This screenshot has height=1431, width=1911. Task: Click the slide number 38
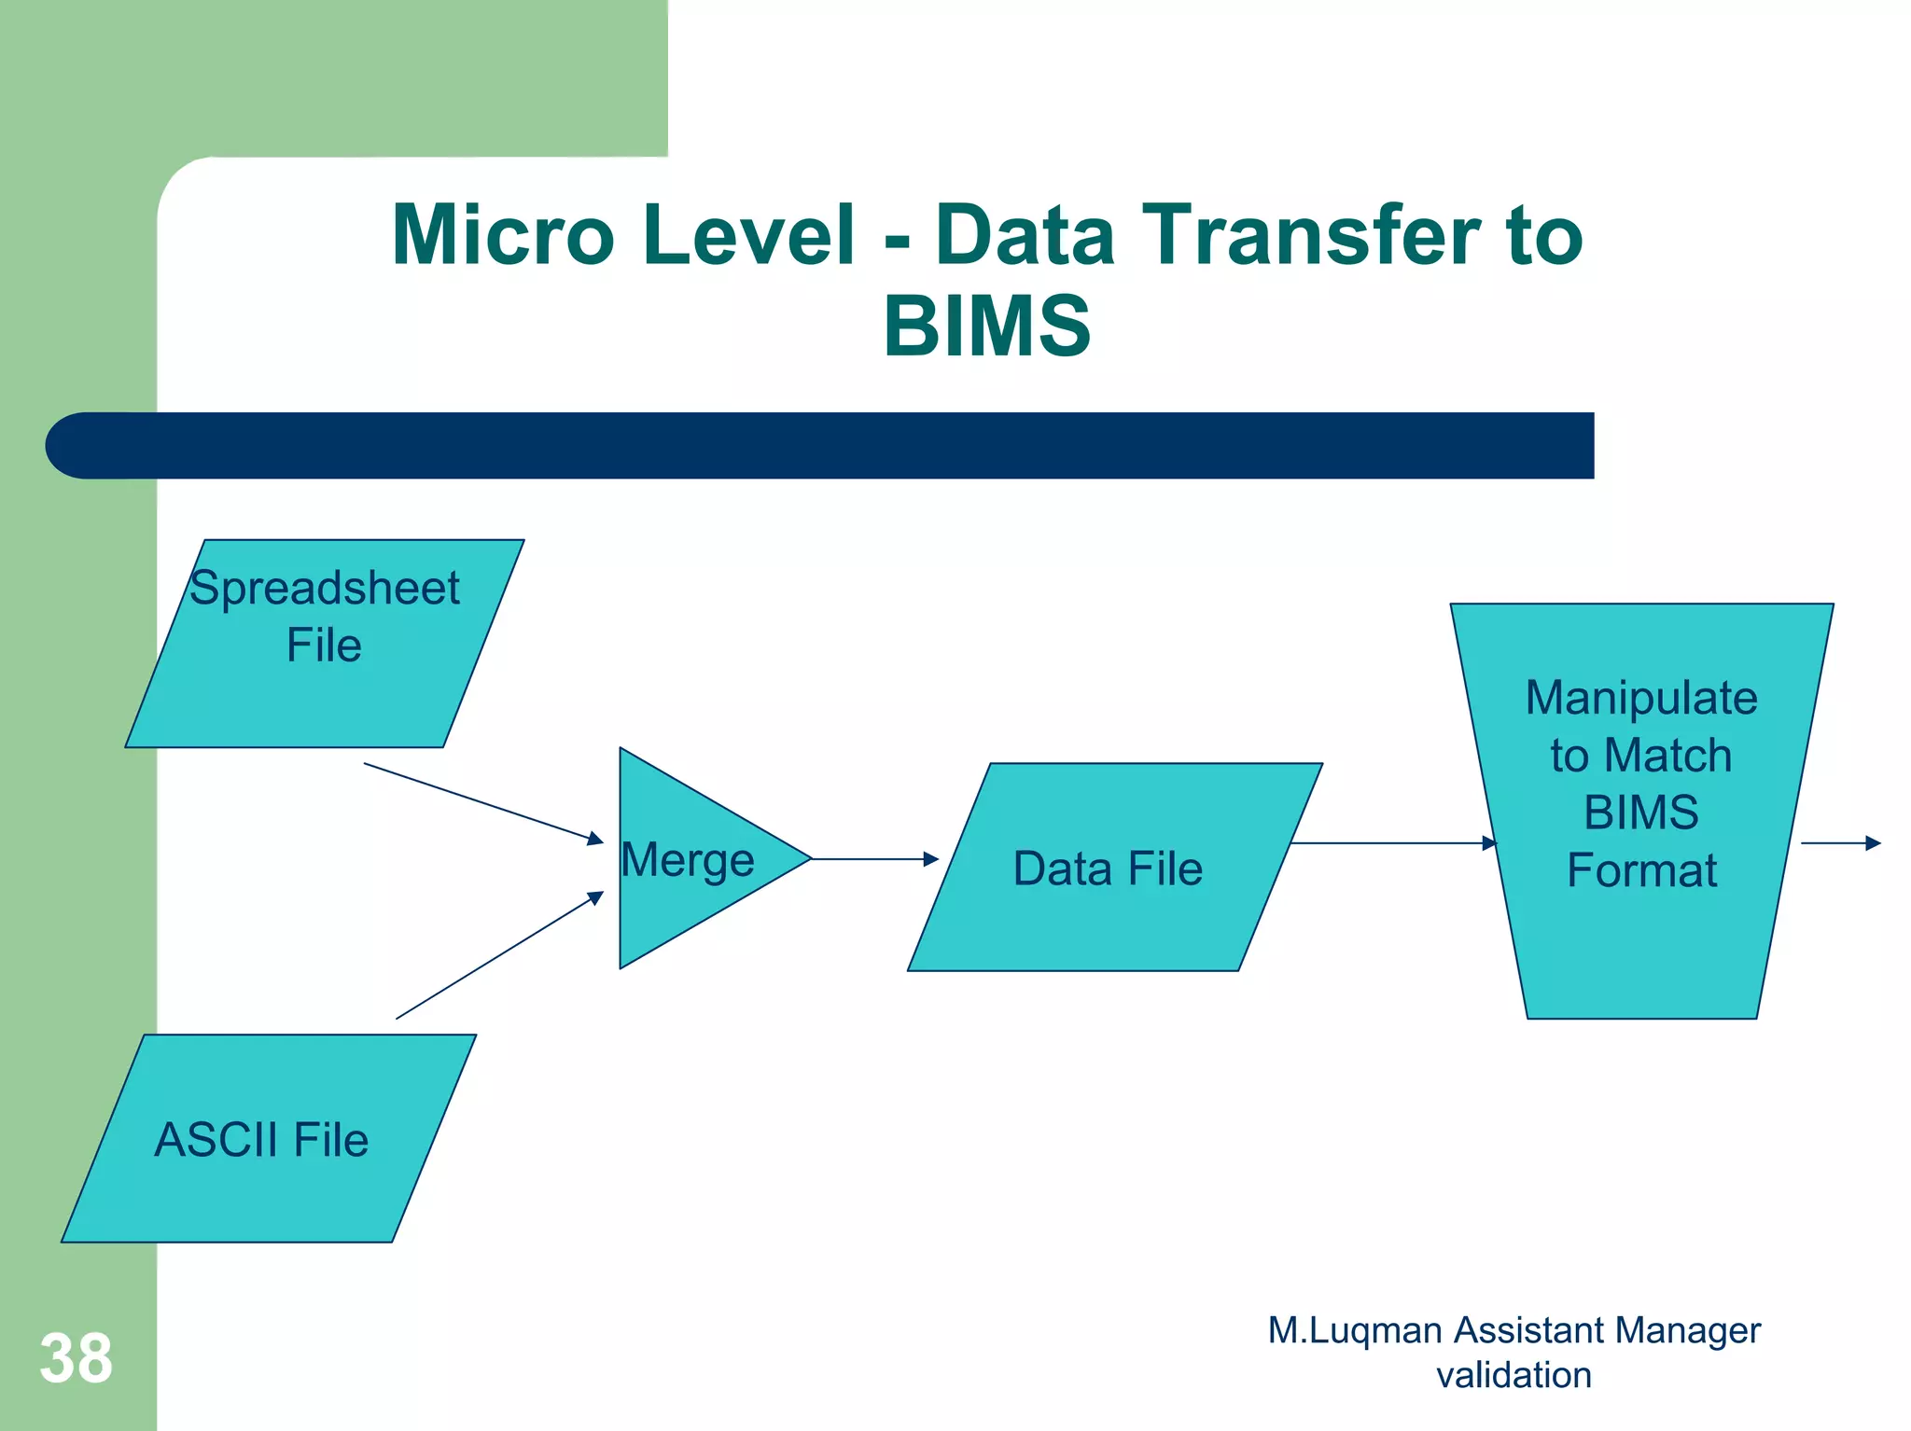[76, 1358]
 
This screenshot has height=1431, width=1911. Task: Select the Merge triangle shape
[690, 858]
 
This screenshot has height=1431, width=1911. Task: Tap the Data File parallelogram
[1110, 868]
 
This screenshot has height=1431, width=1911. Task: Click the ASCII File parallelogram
[266, 1138]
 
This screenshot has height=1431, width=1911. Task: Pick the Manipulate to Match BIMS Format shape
[1642, 812]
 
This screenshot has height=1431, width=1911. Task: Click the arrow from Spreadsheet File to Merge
[483, 803]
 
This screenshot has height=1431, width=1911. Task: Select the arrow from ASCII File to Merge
[499, 955]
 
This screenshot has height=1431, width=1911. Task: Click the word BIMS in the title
[986, 326]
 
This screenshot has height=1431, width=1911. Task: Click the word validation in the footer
[1513, 1375]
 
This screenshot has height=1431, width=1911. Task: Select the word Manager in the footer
[1688, 1330]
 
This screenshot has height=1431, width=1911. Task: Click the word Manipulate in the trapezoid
[1641, 698]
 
